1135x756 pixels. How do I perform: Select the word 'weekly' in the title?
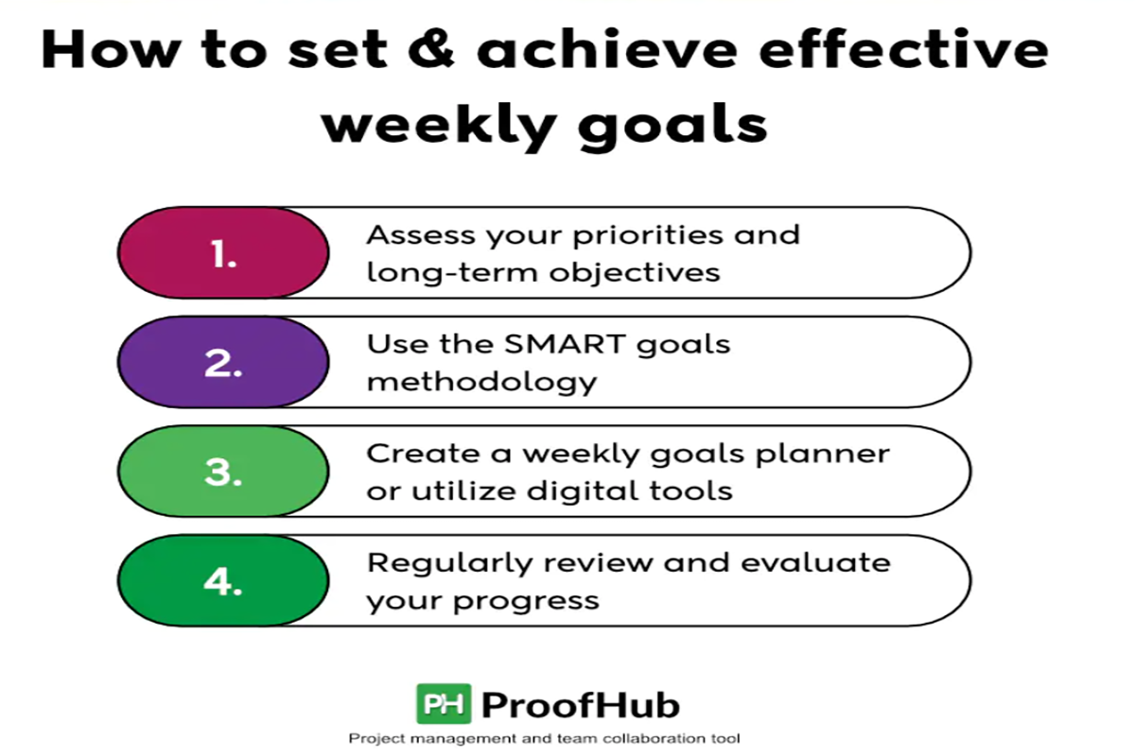coord(439,124)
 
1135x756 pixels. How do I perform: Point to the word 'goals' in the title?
coord(672,125)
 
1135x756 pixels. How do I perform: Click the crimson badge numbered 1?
coord(223,252)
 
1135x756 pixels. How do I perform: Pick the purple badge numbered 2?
coord(223,362)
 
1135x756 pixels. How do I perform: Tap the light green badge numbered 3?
coord(223,472)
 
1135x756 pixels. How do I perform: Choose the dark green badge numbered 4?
coord(223,581)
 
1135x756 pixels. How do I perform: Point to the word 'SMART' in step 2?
coord(565,344)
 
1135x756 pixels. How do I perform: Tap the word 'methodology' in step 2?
coord(481,383)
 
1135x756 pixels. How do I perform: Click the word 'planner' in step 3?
coord(823,455)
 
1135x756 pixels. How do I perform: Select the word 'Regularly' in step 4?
coord(449,564)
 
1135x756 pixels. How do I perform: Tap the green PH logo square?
coord(444,703)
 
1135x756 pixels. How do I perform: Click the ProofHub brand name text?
coord(581,705)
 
